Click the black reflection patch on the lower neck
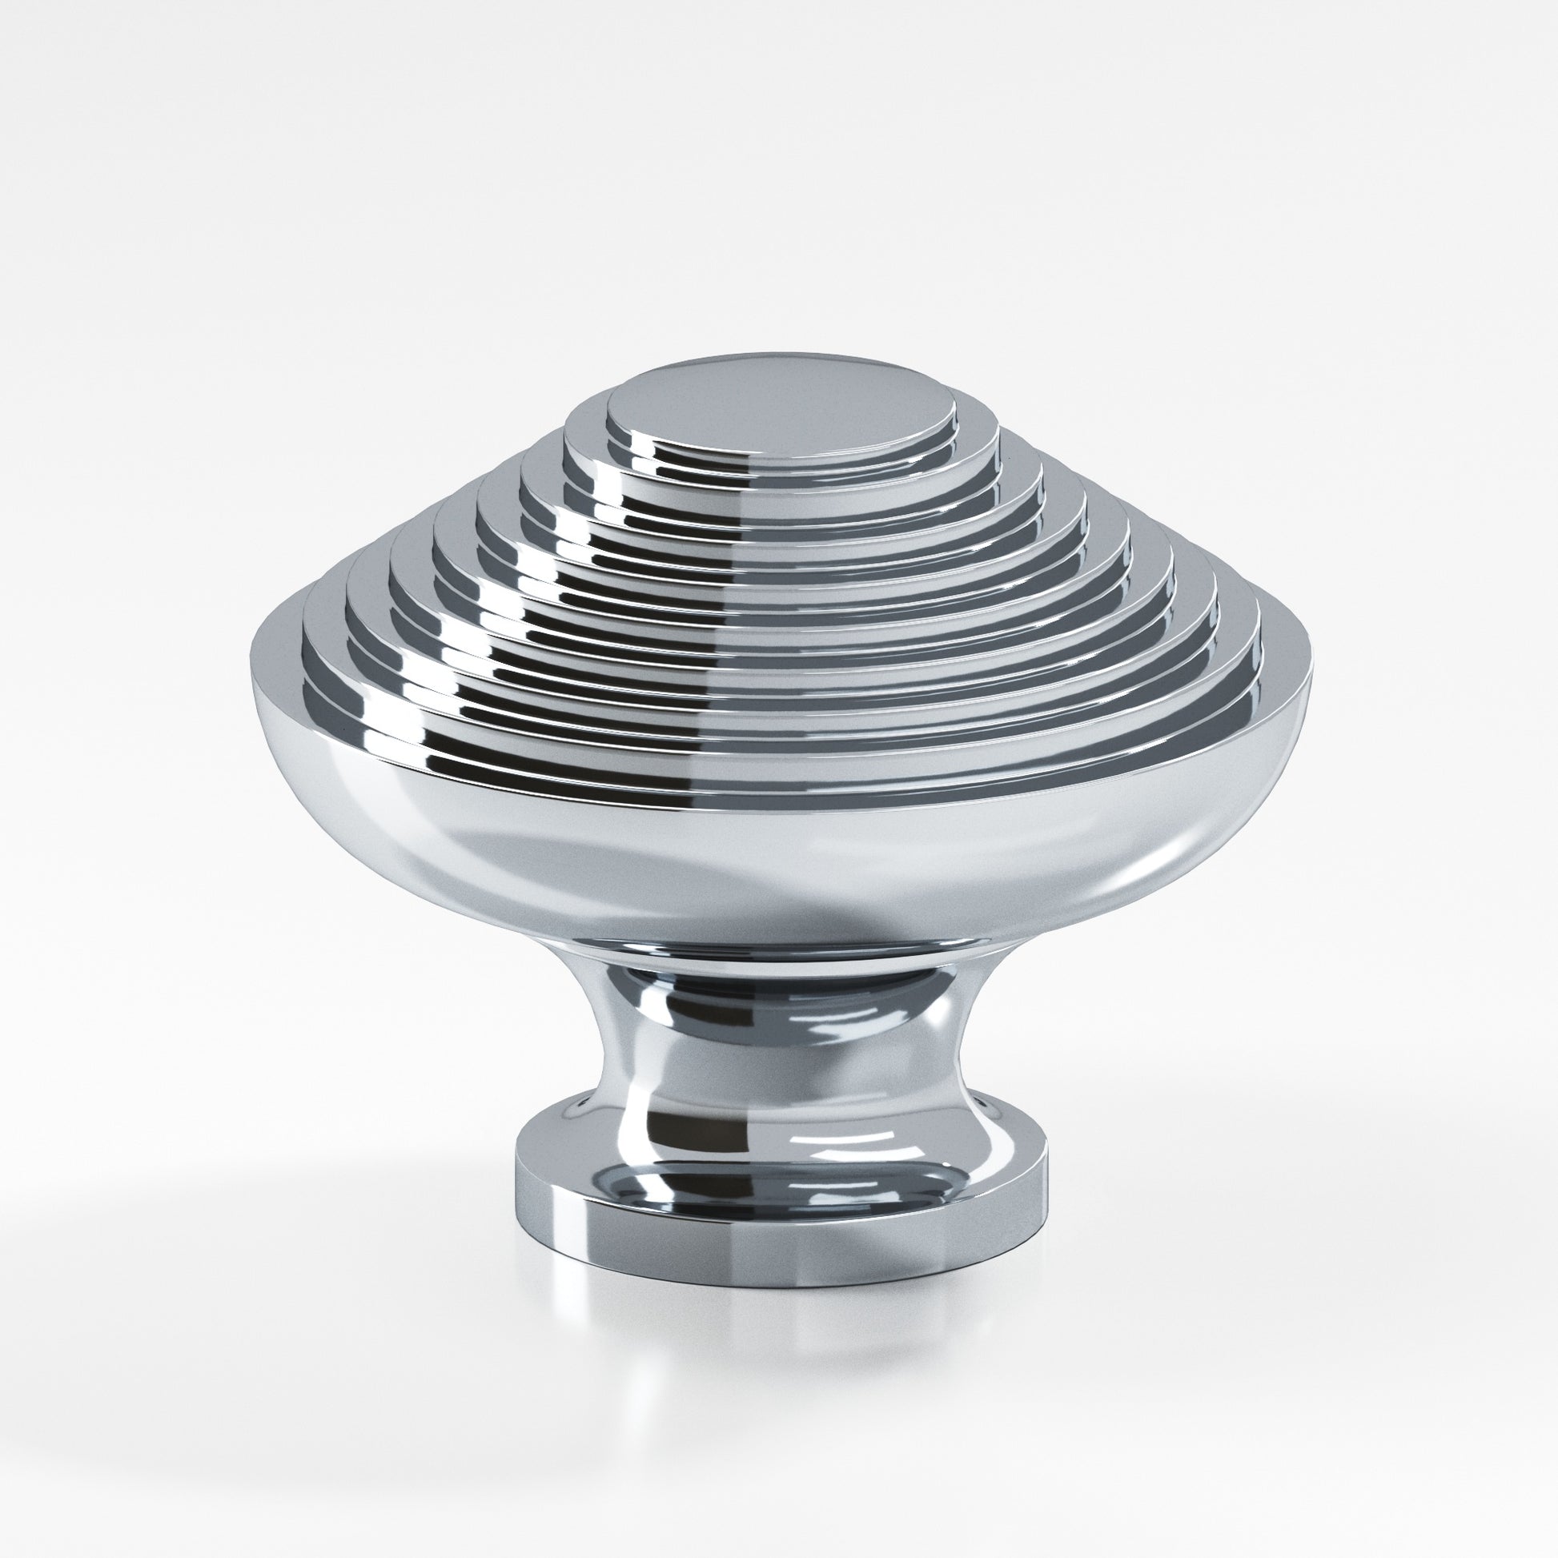pyautogui.click(x=693, y=1129)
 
